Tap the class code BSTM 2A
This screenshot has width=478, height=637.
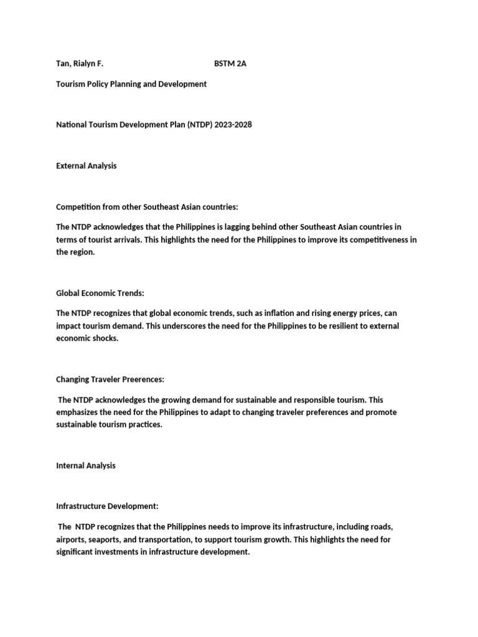pyautogui.click(x=230, y=63)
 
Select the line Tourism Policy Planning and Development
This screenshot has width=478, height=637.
pyautogui.click(x=131, y=83)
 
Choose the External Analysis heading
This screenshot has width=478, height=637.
pyautogui.click(x=87, y=166)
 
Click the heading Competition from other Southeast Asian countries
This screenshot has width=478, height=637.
pyautogui.click(x=147, y=207)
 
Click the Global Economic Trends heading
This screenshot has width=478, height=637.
pyautogui.click(x=100, y=293)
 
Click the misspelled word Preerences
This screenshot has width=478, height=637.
pyautogui.click(x=141, y=379)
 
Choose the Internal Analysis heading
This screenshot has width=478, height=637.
pyautogui.click(x=86, y=465)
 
